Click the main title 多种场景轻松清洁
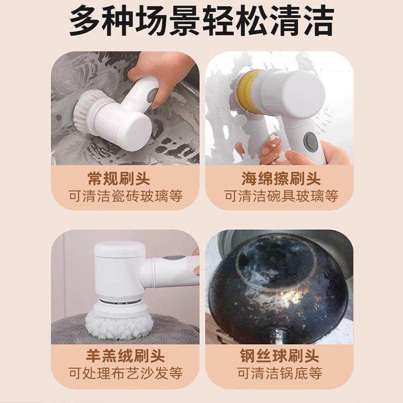201,22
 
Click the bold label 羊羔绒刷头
125,356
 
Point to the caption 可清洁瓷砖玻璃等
125,196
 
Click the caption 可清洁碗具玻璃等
281,196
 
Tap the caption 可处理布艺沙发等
125,374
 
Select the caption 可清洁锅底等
280,374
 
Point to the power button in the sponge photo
309,140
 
